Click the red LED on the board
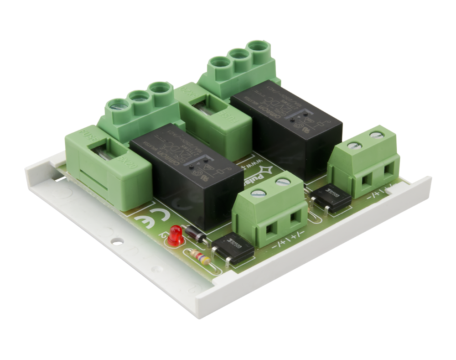(175, 235)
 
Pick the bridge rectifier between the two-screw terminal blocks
(331, 199)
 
